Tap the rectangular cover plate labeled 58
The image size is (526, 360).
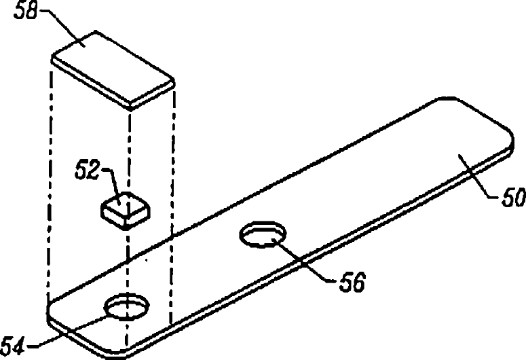[x=113, y=69]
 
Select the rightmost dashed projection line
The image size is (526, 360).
[x=173, y=204]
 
